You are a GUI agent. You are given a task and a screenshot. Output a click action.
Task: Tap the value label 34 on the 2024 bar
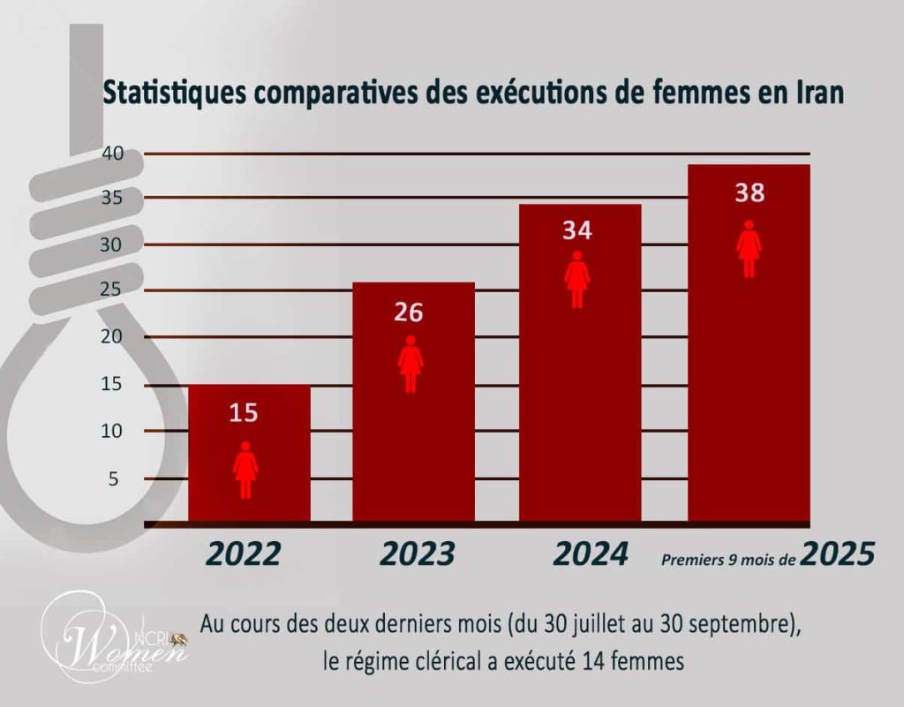pyautogui.click(x=577, y=230)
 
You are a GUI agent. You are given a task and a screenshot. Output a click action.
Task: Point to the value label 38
pyautogui.click(x=750, y=192)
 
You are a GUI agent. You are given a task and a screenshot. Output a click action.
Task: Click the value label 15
pyautogui.click(x=245, y=412)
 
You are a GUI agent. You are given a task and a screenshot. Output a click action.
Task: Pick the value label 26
pyautogui.click(x=410, y=312)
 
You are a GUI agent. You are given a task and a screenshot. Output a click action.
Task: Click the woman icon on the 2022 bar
pyautogui.click(x=245, y=470)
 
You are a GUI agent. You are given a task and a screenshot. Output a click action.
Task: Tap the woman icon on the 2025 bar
pyautogui.click(x=750, y=249)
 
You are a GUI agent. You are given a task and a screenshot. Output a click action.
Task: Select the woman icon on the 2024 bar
pyautogui.click(x=577, y=279)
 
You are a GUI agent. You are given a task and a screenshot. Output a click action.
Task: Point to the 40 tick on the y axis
pyautogui.click(x=111, y=153)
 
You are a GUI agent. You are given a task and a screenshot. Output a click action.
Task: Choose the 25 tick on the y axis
pyautogui.click(x=111, y=291)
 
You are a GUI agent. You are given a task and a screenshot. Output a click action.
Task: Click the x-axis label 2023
pyautogui.click(x=418, y=553)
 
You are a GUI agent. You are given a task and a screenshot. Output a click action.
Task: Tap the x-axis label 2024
pyautogui.click(x=591, y=553)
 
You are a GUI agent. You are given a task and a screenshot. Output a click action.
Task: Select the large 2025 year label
pyautogui.click(x=838, y=553)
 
